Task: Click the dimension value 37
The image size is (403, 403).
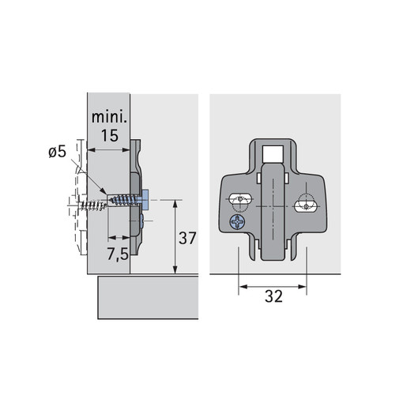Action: pos(187,238)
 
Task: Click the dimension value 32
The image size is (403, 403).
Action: pos(273,296)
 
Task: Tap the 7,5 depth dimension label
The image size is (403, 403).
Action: pos(118,254)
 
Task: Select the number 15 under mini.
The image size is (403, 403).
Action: pos(110,136)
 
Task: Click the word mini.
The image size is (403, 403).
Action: pos(109,117)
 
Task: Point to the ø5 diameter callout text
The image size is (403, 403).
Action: pos(57,152)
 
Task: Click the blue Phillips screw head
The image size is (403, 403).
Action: pos(237,222)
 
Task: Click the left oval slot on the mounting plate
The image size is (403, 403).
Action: pos(239,198)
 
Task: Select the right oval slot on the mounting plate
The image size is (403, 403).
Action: pos(306,206)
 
